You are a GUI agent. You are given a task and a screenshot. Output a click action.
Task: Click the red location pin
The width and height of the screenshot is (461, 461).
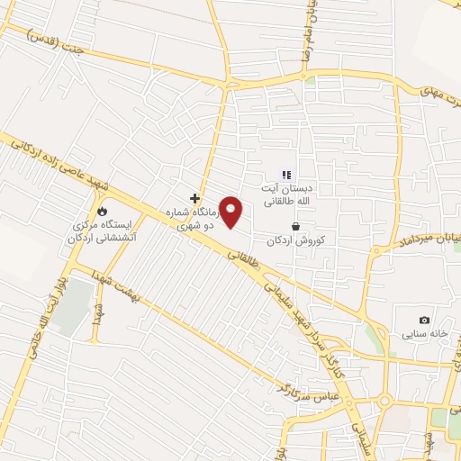[231, 212]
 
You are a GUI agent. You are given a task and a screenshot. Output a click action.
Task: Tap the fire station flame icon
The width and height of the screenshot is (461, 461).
[101, 212]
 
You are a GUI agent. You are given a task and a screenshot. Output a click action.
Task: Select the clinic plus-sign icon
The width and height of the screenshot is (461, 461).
[194, 197]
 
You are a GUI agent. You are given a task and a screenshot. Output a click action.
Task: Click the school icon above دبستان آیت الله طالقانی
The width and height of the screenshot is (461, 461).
[286, 175]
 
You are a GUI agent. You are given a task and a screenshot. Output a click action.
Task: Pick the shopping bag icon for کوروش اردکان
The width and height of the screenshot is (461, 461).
[294, 227]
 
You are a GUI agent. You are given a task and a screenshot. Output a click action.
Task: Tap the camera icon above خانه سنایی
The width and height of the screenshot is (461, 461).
[424, 321]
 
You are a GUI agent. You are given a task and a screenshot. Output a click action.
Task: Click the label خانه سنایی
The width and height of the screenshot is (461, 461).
[424, 335]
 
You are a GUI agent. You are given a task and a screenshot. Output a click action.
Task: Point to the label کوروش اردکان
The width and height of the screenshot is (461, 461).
[301, 240]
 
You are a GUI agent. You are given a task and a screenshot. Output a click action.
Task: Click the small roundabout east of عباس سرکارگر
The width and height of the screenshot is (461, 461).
[384, 402]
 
